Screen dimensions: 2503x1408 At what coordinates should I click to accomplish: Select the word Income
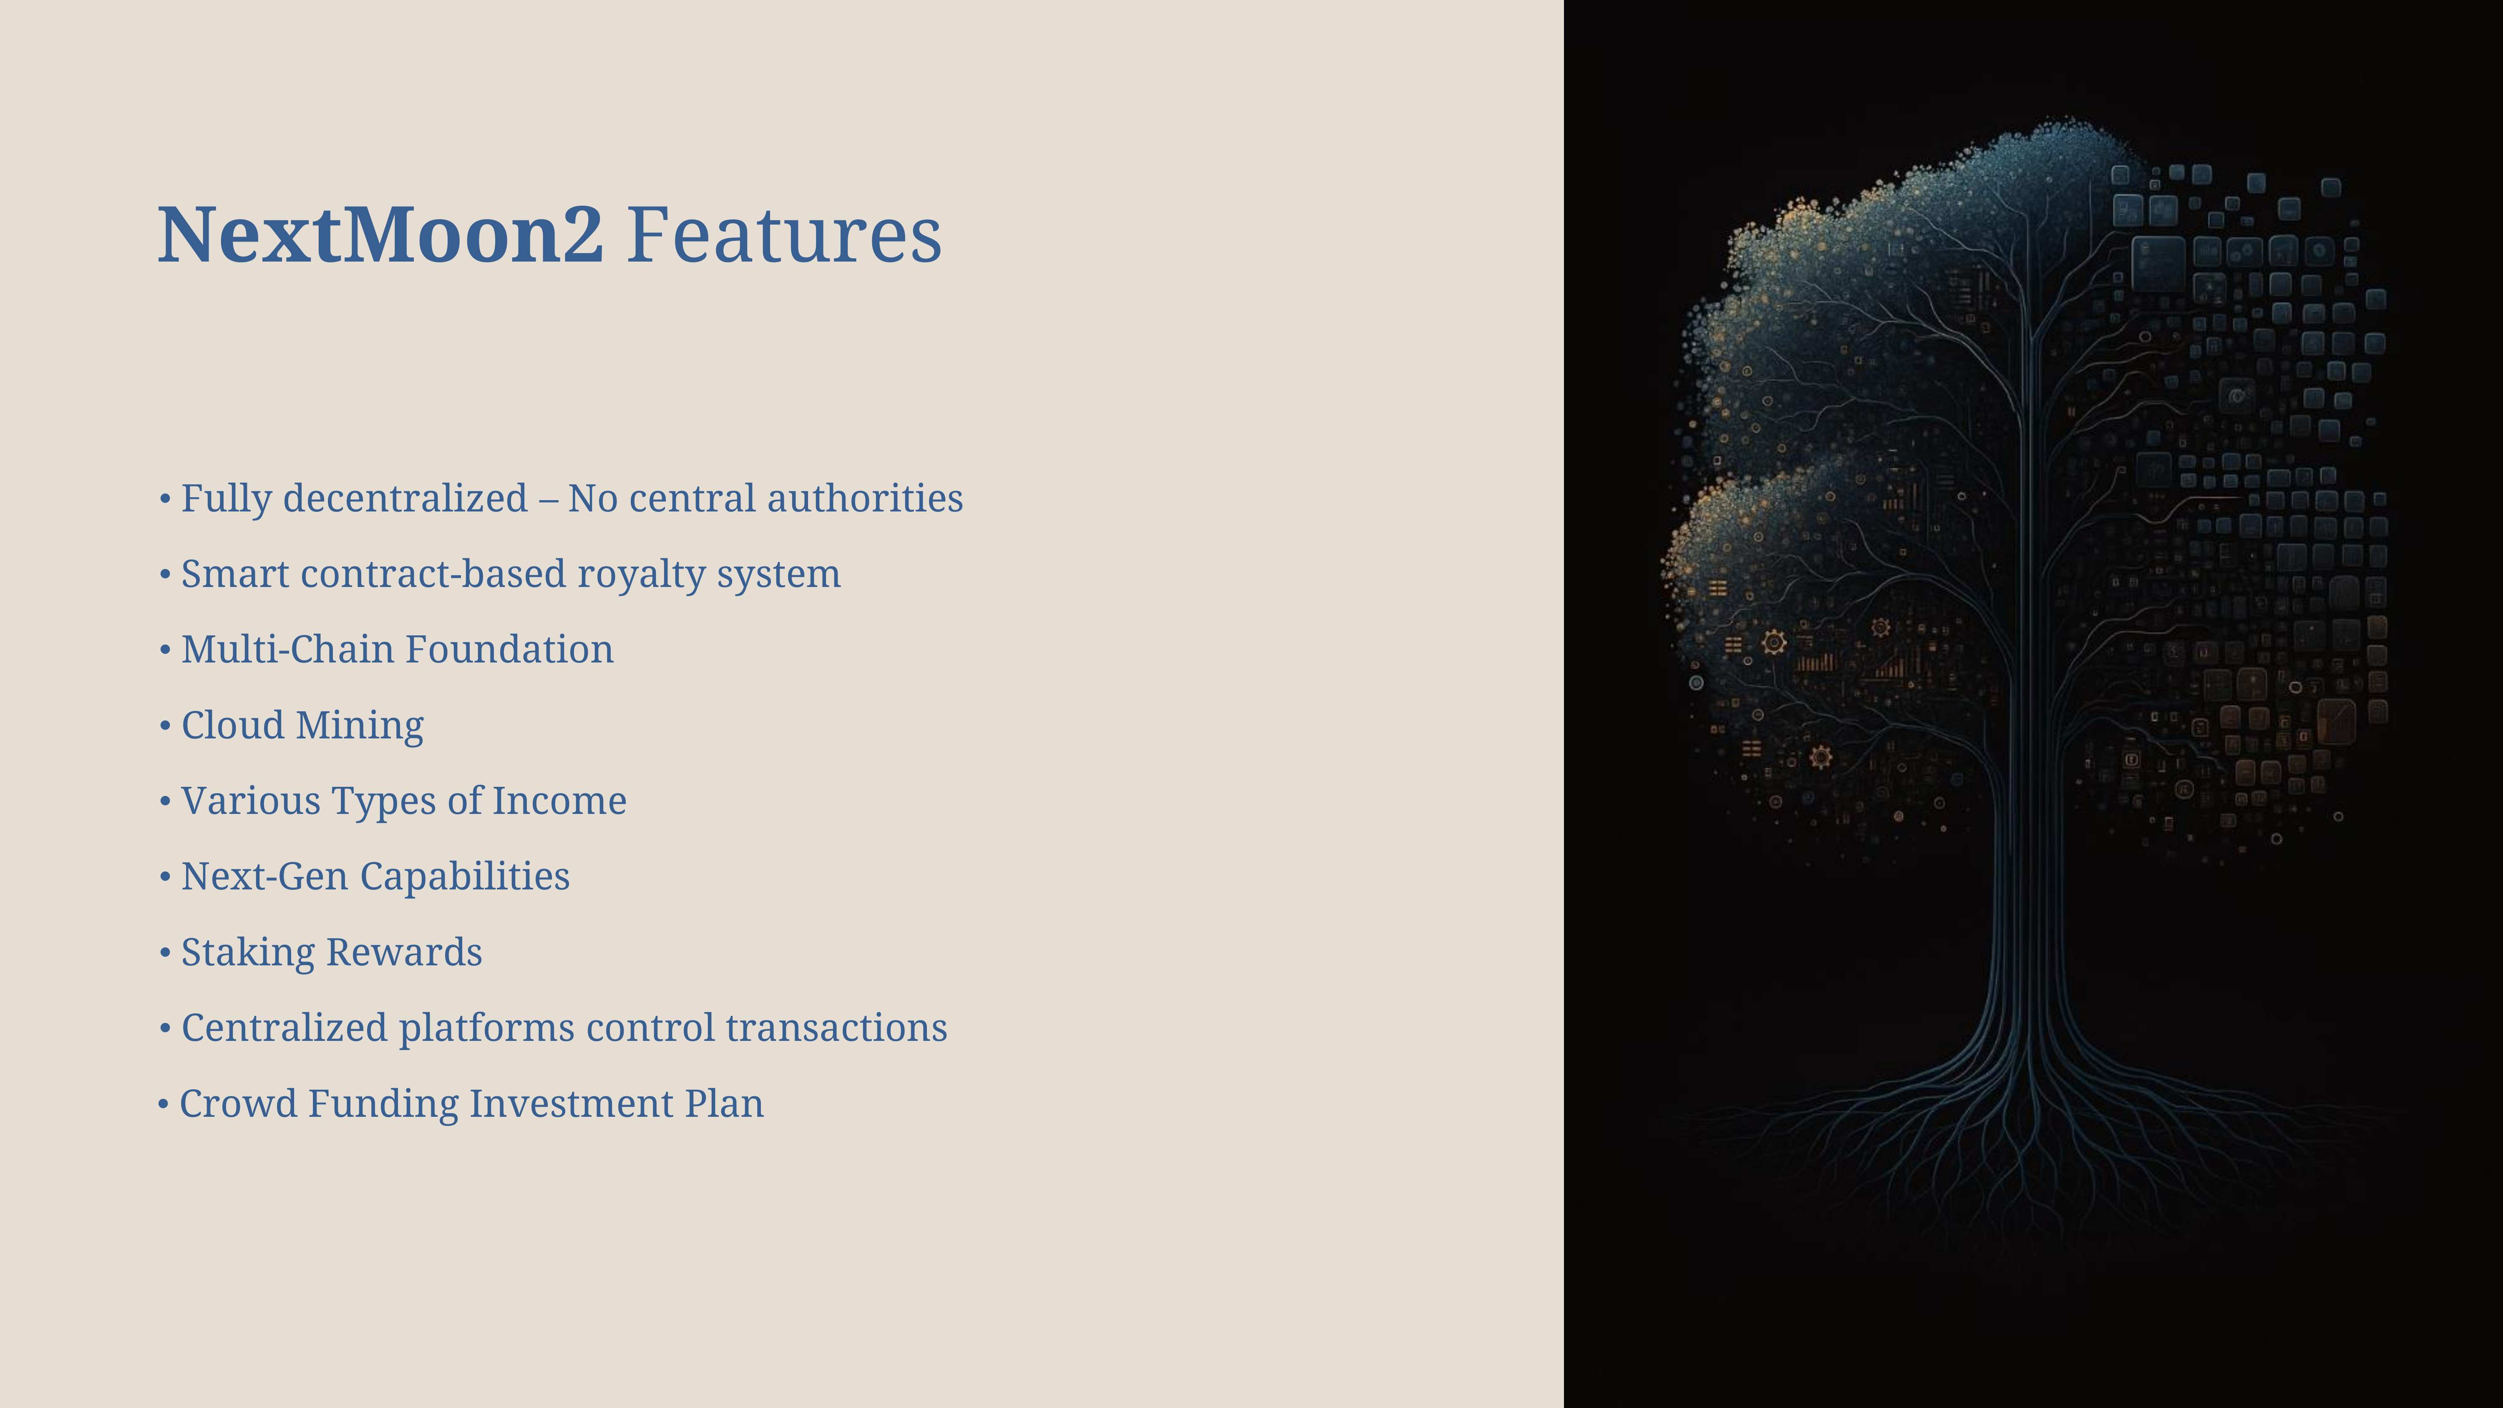560,801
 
